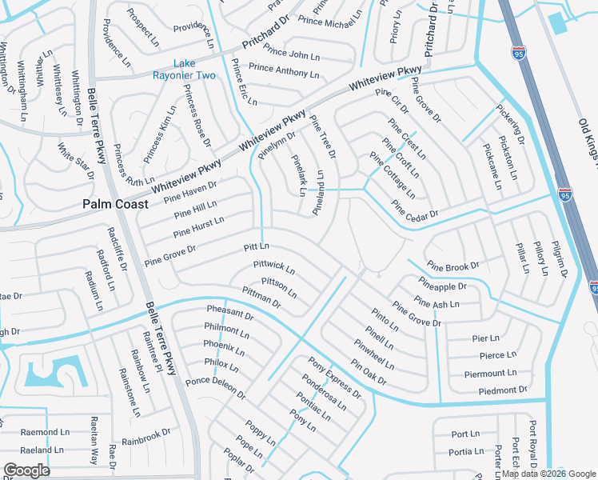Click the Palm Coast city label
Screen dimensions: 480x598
coord(115,204)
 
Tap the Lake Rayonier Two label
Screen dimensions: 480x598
coord(184,70)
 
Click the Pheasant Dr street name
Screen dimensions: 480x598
coord(229,312)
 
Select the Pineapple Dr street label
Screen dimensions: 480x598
coord(441,285)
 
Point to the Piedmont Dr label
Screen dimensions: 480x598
coord(503,390)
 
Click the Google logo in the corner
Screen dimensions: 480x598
coord(26,470)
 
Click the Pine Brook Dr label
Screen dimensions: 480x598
coord(452,266)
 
